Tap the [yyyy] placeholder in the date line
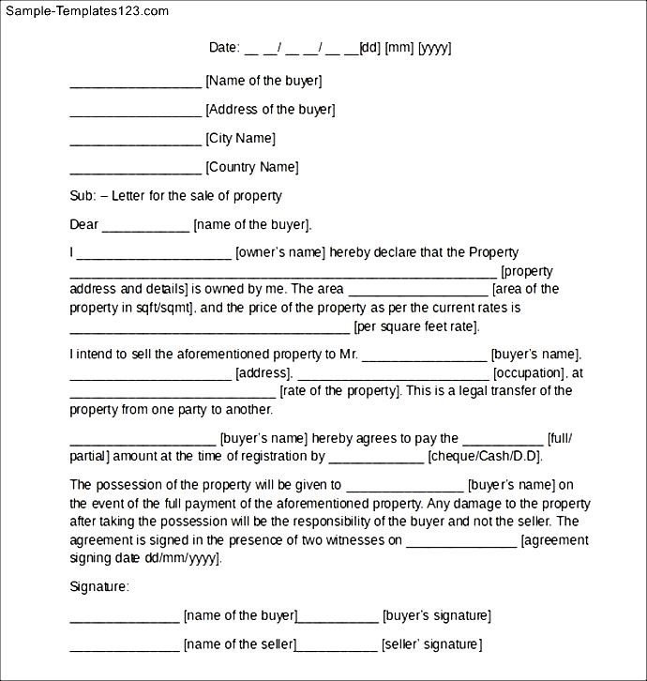coord(434,48)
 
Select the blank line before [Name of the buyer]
coord(135,83)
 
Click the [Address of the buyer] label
coord(270,110)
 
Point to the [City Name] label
coord(240,139)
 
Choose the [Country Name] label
coord(251,167)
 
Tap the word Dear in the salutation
coord(84,224)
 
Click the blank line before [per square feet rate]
coord(209,327)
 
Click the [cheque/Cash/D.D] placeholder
coord(485,457)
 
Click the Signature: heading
coord(99,586)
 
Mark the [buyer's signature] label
coord(436,616)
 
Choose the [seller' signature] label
coord(431,644)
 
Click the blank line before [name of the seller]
coord(125,645)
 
